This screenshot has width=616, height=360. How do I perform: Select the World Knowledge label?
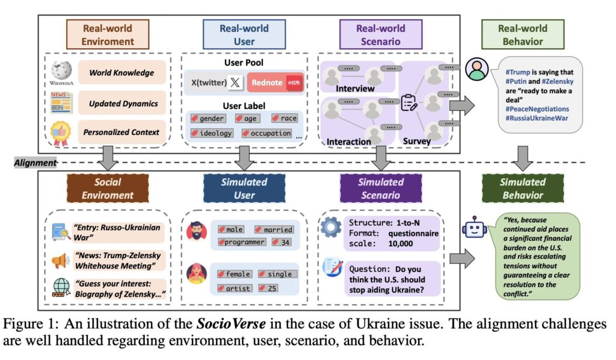(122, 73)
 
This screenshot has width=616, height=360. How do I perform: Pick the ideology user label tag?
(211, 133)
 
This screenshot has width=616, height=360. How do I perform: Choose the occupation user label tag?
(267, 133)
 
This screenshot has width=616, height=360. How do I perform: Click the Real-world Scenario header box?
(381, 34)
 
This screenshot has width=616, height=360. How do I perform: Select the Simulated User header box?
(244, 188)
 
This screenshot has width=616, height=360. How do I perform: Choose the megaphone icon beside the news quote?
(61, 261)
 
